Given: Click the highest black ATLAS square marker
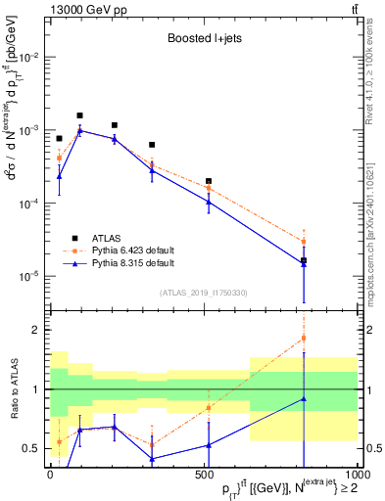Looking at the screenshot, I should pyautogui.click(x=79, y=115).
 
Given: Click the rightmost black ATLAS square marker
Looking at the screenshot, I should pyautogui.click(x=304, y=260).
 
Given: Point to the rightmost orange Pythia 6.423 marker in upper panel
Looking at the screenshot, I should pyautogui.click(x=304, y=241).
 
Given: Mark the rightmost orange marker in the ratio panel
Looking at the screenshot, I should pyautogui.click(x=304, y=339).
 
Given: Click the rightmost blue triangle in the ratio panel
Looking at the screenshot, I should pyautogui.click(x=304, y=398).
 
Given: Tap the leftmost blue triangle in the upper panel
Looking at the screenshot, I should pyautogui.click(x=59, y=176).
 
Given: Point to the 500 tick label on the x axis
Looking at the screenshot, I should pyautogui.click(x=204, y=474).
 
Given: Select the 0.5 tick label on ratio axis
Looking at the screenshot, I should pyautogui.click(x=34, y=449).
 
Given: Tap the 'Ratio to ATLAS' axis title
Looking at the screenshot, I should pyautogui.click(x=13, y=388).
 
